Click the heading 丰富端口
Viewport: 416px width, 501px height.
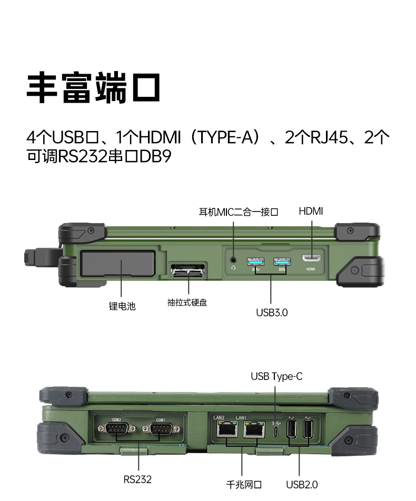click(93, 88)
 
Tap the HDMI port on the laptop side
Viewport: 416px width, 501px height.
click(311, 258)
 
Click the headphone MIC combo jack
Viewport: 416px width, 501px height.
click(233, 259)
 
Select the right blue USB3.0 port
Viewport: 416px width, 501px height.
click(281, 261)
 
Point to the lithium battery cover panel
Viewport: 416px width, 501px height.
click(117, 264)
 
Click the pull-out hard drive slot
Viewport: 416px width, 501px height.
click(187, 272)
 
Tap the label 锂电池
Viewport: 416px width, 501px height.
click(122, 306)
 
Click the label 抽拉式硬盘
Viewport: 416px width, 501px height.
click(187, 303)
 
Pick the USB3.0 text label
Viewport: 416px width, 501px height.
click(272, 312)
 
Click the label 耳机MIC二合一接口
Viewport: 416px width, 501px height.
click(238, 212)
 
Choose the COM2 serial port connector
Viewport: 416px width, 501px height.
click(116, 429)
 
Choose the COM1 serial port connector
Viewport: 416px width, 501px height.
click(160, 429)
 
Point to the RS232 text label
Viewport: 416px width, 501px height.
click(137, 479)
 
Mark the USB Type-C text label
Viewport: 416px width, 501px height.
click(276, 376)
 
